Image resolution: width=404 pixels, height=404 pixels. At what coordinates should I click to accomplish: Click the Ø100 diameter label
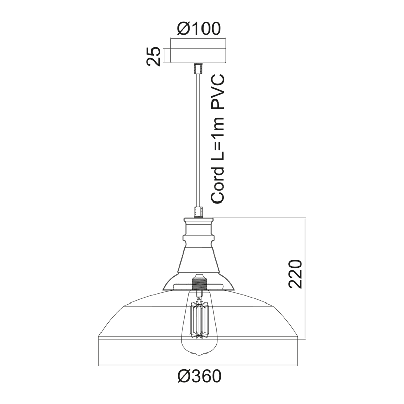click(x=199, y=28)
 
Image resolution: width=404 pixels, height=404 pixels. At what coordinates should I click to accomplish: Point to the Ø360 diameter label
click(x=200, y=376)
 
